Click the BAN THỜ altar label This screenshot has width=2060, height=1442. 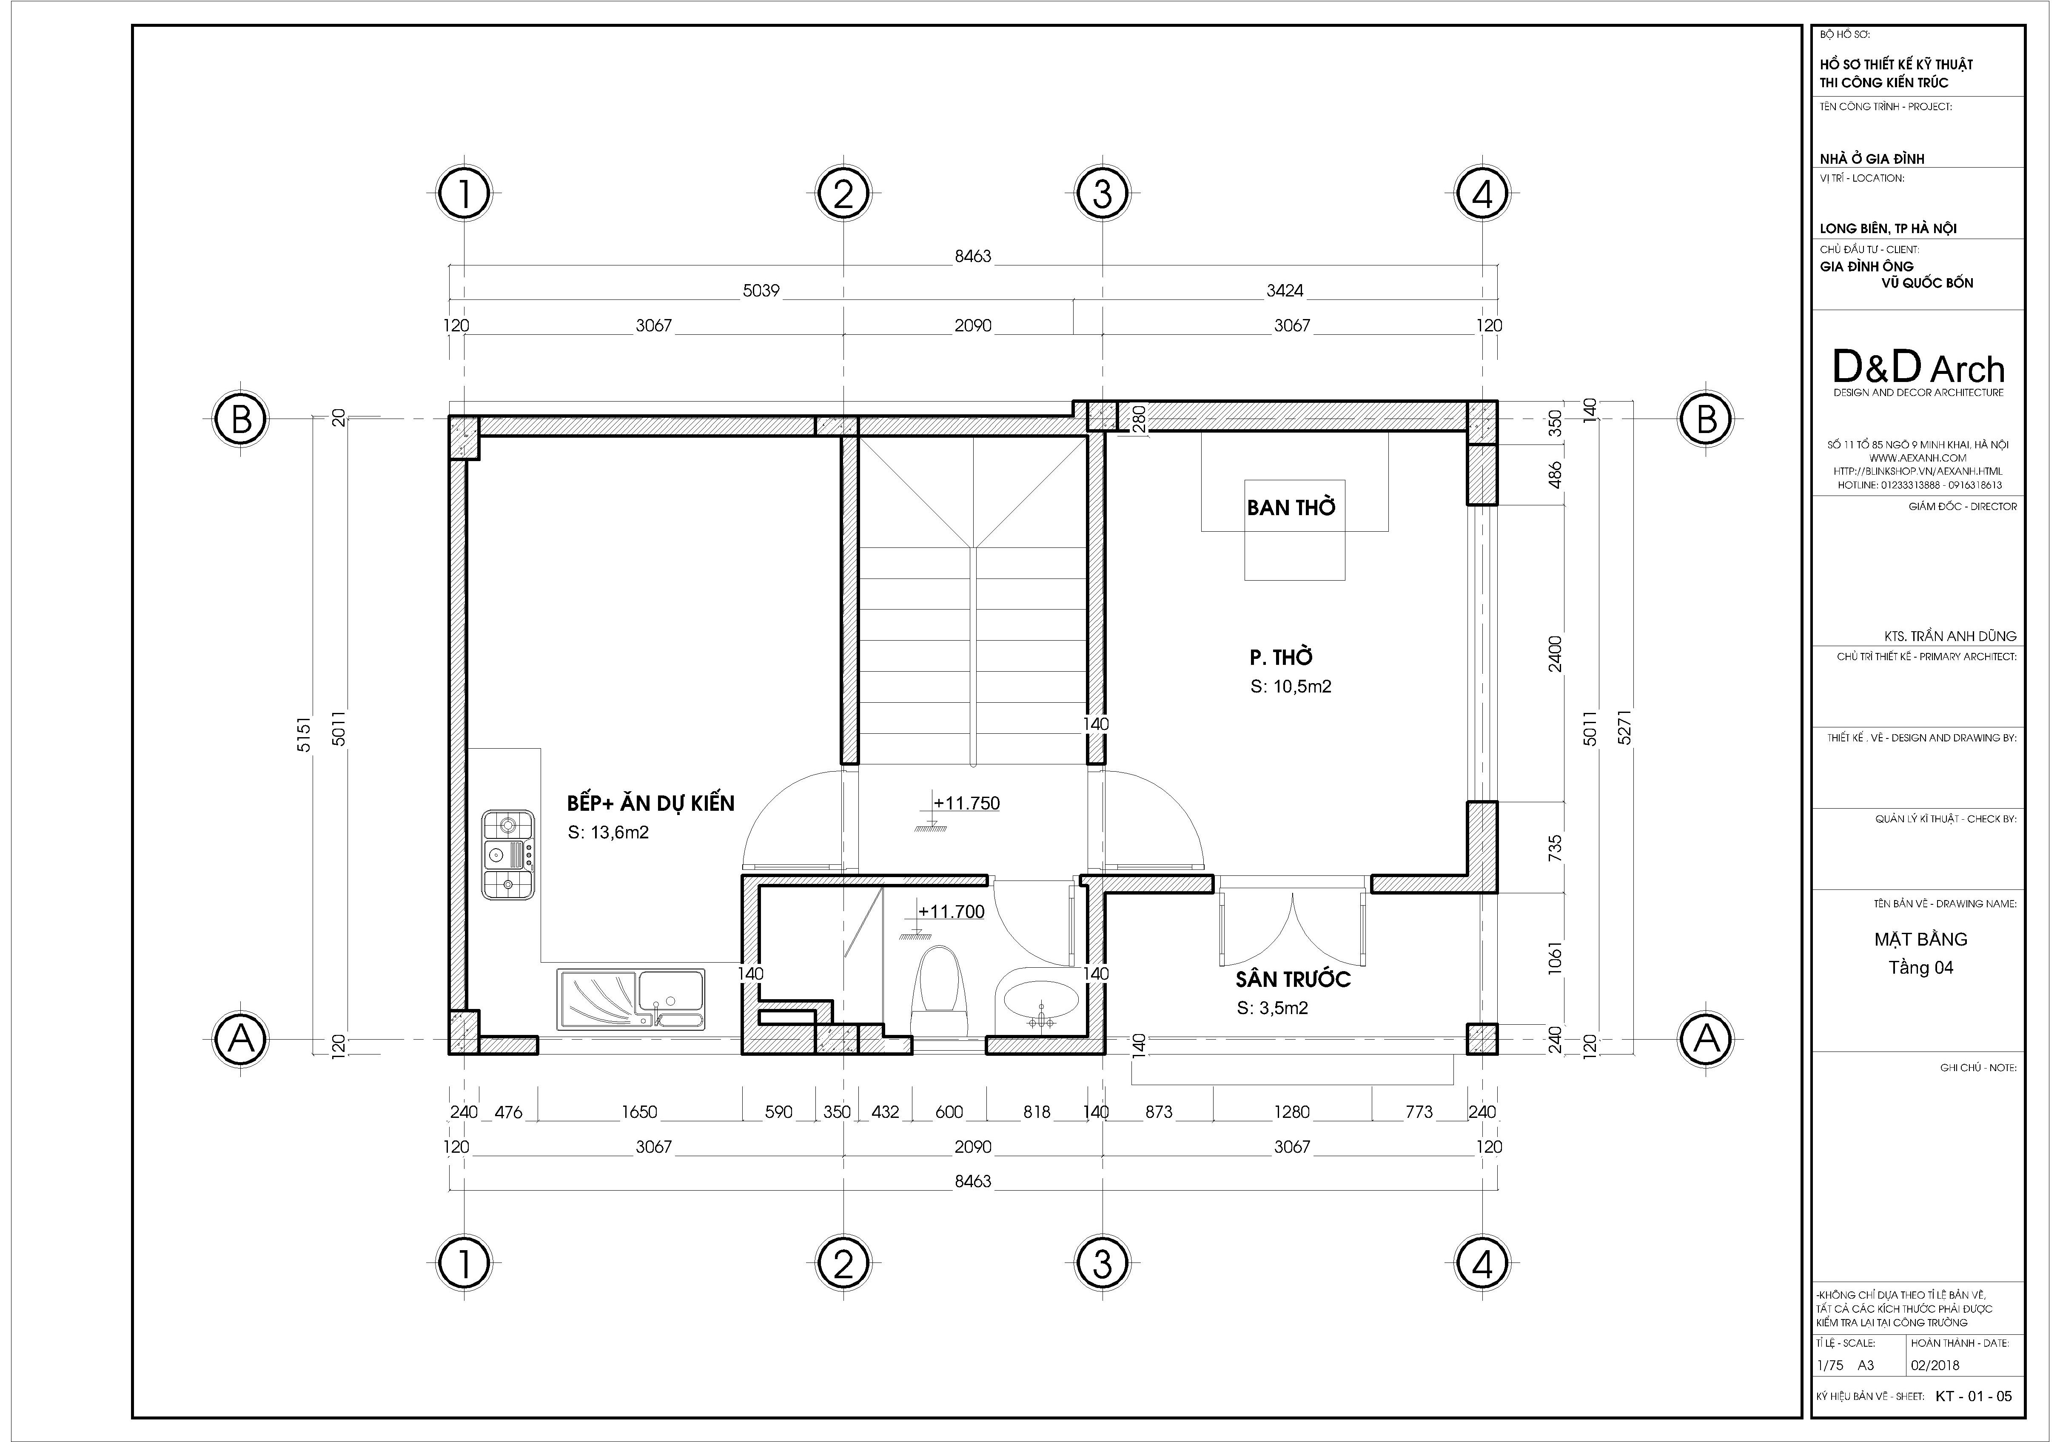coord(1291,508)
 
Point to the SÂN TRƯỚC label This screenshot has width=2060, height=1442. coord(1293,979)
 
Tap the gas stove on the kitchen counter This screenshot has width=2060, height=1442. coord(508,854)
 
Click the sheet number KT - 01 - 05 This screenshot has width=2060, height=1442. coord(1974,1396)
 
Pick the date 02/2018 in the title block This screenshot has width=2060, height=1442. coord(1935,1365)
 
